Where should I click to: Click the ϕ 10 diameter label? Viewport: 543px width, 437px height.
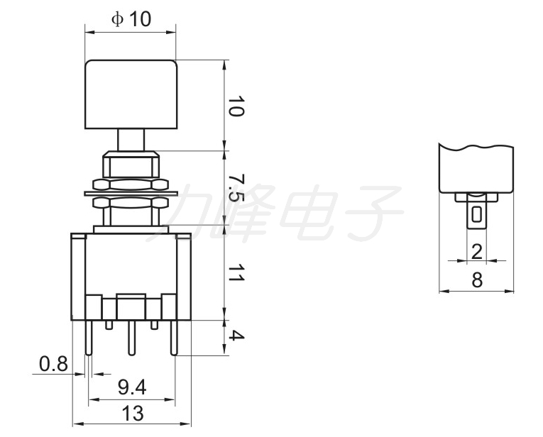tap(131, 18)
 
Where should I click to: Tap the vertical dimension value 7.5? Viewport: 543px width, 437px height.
tap(236, 188)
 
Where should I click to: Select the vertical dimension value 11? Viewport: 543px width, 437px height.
tap(236, 273)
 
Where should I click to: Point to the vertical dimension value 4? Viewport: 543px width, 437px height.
tap(236, 336)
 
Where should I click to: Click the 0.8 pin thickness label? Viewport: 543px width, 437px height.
tap(53, 364)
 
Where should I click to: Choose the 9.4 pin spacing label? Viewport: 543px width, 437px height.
tap(131, 387)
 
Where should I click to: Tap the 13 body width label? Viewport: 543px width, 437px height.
tap(133, 414)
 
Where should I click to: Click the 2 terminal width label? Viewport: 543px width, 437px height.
tap(477, 252)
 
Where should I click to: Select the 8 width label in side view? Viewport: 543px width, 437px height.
tap(477, 280)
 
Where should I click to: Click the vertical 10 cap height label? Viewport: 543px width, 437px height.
tap(236, 106)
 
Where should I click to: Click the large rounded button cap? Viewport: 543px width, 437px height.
tap(131, 94)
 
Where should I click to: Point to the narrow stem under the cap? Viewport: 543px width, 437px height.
tap(131, 140)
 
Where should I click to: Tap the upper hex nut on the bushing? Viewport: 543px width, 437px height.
tap(130, 184)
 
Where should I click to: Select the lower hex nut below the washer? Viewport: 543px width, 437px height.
tap(130, 203)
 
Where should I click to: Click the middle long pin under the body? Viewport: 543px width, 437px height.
tap(131, 338)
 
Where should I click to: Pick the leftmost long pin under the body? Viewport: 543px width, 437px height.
tap(89, 338)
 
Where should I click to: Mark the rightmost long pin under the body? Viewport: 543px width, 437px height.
tap(174, 338)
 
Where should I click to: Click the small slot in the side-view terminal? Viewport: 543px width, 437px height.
tap(477, 214)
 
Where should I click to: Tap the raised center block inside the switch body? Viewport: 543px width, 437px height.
tap(131, 307)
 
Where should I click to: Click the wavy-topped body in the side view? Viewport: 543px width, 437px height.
tap(476, 169)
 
